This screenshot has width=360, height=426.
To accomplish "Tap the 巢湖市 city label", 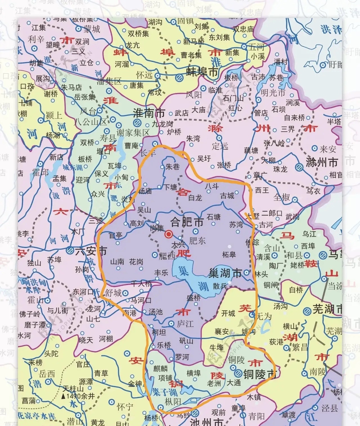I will (225, 273).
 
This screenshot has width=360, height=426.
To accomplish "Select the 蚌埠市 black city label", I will (202, 72).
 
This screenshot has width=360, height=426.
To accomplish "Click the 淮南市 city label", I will (149, 113).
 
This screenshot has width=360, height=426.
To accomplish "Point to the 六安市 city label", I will (91, 251).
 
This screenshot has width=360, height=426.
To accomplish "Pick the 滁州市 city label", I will (322, 162).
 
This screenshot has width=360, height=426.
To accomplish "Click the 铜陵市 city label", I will (260, 374).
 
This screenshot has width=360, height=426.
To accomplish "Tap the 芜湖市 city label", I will (327, 309).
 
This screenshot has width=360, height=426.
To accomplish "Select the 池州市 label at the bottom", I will (207, 422).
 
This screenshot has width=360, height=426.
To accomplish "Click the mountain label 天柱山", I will (73, 389).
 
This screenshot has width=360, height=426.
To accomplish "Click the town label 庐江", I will (185, 324).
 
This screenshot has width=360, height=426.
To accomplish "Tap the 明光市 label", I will (273, 93).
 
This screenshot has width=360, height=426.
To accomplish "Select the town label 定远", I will (220, 146).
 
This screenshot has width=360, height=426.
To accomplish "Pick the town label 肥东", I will (197, 241).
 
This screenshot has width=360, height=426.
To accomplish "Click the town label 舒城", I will (113, 293).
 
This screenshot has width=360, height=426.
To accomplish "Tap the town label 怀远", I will (144, 75).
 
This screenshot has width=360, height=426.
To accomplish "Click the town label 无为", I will (264, 316).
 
